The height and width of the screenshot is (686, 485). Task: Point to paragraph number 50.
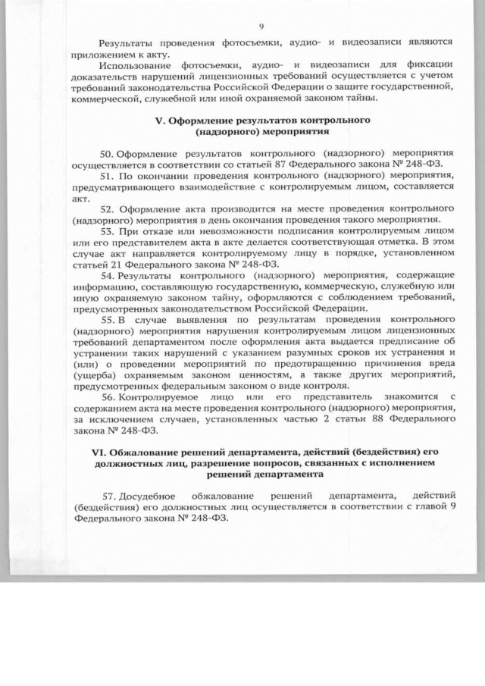108,154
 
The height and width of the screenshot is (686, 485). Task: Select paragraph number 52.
108,208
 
